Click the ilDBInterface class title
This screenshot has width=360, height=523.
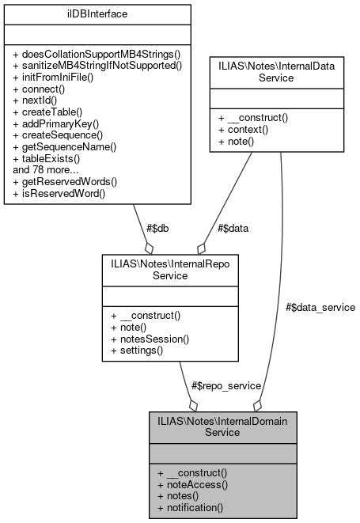point(97,13)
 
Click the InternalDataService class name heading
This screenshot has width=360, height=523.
point(276,74)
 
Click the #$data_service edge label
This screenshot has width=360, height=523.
point(320,306)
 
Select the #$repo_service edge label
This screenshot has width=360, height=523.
point(226,385)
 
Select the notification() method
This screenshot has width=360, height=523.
point(190,506)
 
